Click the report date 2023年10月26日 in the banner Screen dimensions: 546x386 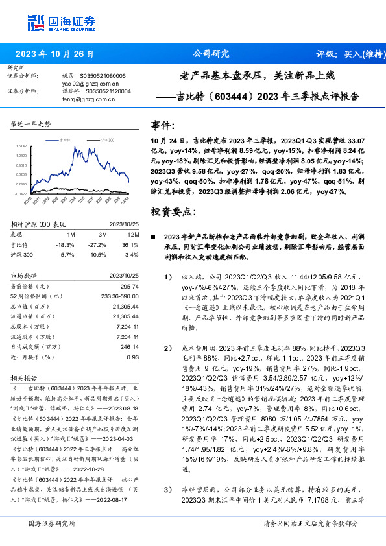53,54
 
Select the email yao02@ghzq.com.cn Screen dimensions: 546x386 90,84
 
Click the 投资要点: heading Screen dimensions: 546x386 172,211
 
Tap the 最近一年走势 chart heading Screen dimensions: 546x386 31,123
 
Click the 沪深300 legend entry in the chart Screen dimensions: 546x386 108,139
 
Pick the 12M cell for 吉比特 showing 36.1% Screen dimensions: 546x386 130,244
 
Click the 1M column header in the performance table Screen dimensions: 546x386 71,234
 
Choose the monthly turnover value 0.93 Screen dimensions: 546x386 132,357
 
